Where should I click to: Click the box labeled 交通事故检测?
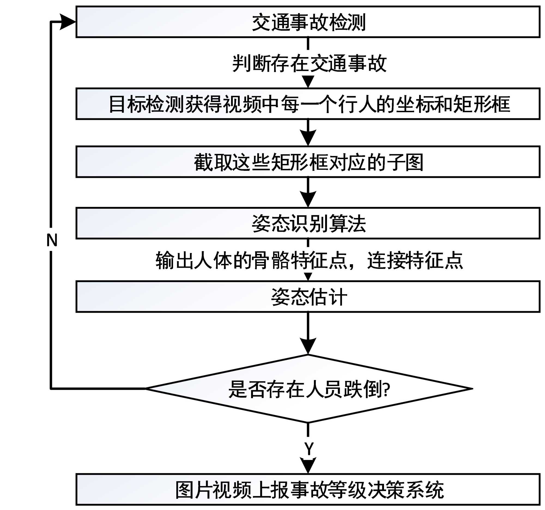308,22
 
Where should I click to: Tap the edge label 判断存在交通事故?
309,63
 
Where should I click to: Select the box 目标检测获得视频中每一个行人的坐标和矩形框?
308,104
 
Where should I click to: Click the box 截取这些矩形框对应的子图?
308,162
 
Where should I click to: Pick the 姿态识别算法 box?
308,223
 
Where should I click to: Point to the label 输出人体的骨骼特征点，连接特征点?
309,260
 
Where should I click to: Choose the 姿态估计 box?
308,297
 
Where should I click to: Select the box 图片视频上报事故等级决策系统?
308,490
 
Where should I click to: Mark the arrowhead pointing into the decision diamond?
308,345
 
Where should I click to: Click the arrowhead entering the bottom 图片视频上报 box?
308,465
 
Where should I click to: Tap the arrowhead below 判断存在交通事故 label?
308,81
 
